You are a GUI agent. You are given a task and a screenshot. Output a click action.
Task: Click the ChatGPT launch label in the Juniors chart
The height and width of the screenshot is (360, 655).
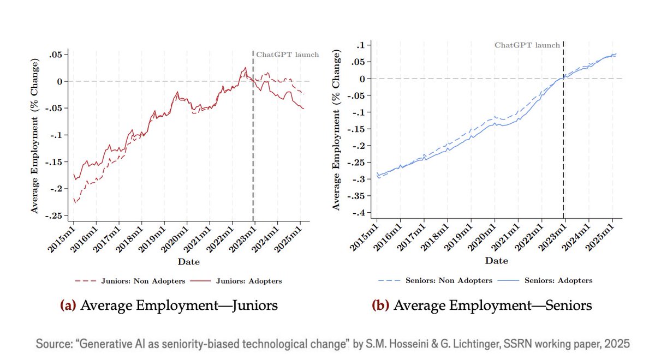tap(288, 55)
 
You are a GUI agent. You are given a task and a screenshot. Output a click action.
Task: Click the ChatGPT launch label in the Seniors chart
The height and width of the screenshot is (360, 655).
tap(527, 45)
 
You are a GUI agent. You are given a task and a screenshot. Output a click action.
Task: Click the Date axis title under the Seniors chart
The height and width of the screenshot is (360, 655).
tap(496, 261)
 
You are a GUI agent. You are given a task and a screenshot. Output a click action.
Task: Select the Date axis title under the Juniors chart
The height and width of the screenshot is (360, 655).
tap(188, 262)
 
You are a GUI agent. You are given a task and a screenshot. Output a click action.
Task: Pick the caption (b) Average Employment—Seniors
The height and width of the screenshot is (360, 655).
tap(490, 305)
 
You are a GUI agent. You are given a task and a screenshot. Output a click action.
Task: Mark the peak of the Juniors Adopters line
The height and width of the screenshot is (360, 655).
tap(246, 68)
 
